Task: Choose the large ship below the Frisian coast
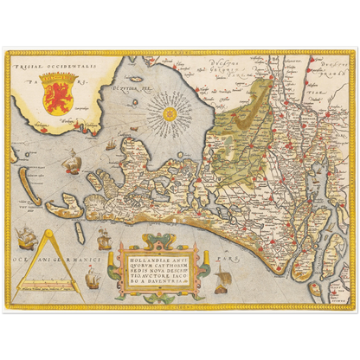72,160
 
